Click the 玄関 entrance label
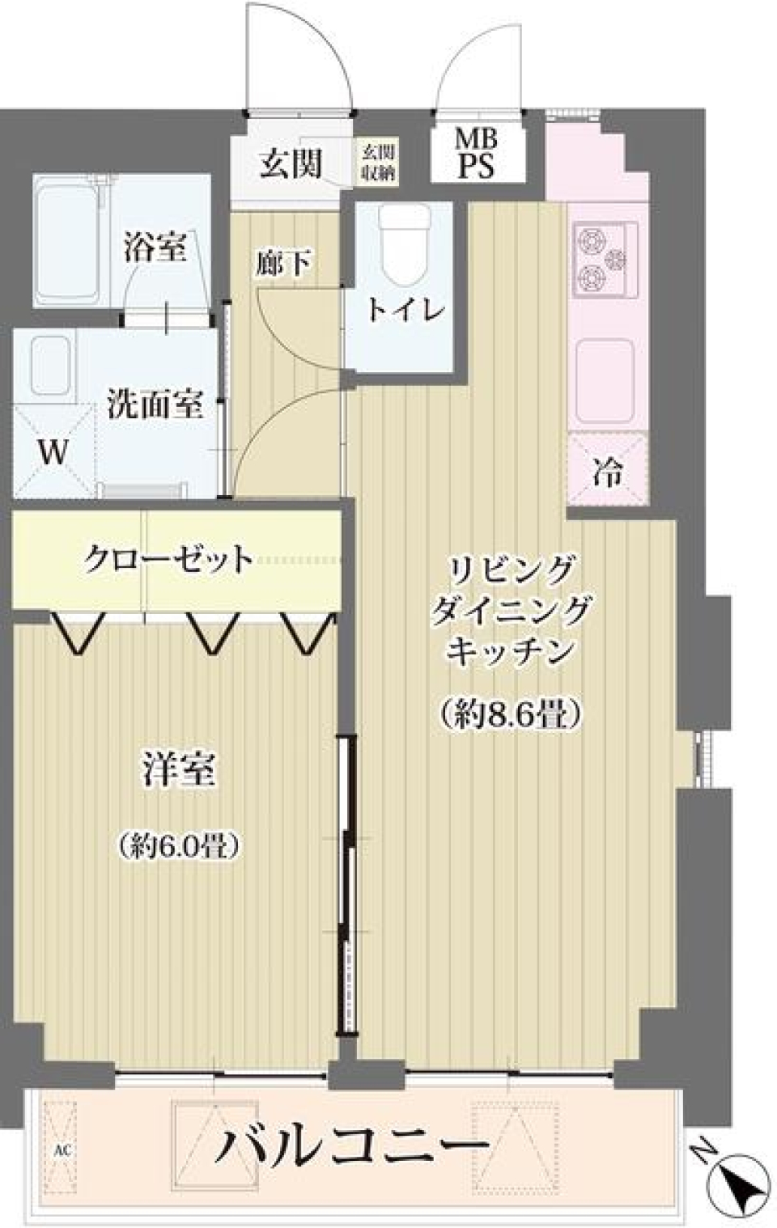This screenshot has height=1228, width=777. pyautogui.click(x=291, y=164)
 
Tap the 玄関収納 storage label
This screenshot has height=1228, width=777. pyautogui.click(x=378, y=163)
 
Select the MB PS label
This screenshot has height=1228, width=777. pyautogui.click(x=476, y=154)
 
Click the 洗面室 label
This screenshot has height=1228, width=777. pyautogui.click(x=155, y=404)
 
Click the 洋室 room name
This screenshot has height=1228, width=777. pyautogui.click(x=179, y=769)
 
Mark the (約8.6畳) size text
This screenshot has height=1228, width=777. pyautogui.click(x=512, y=714)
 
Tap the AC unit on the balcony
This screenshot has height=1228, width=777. pyautogui.click(x=61, y=1149)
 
